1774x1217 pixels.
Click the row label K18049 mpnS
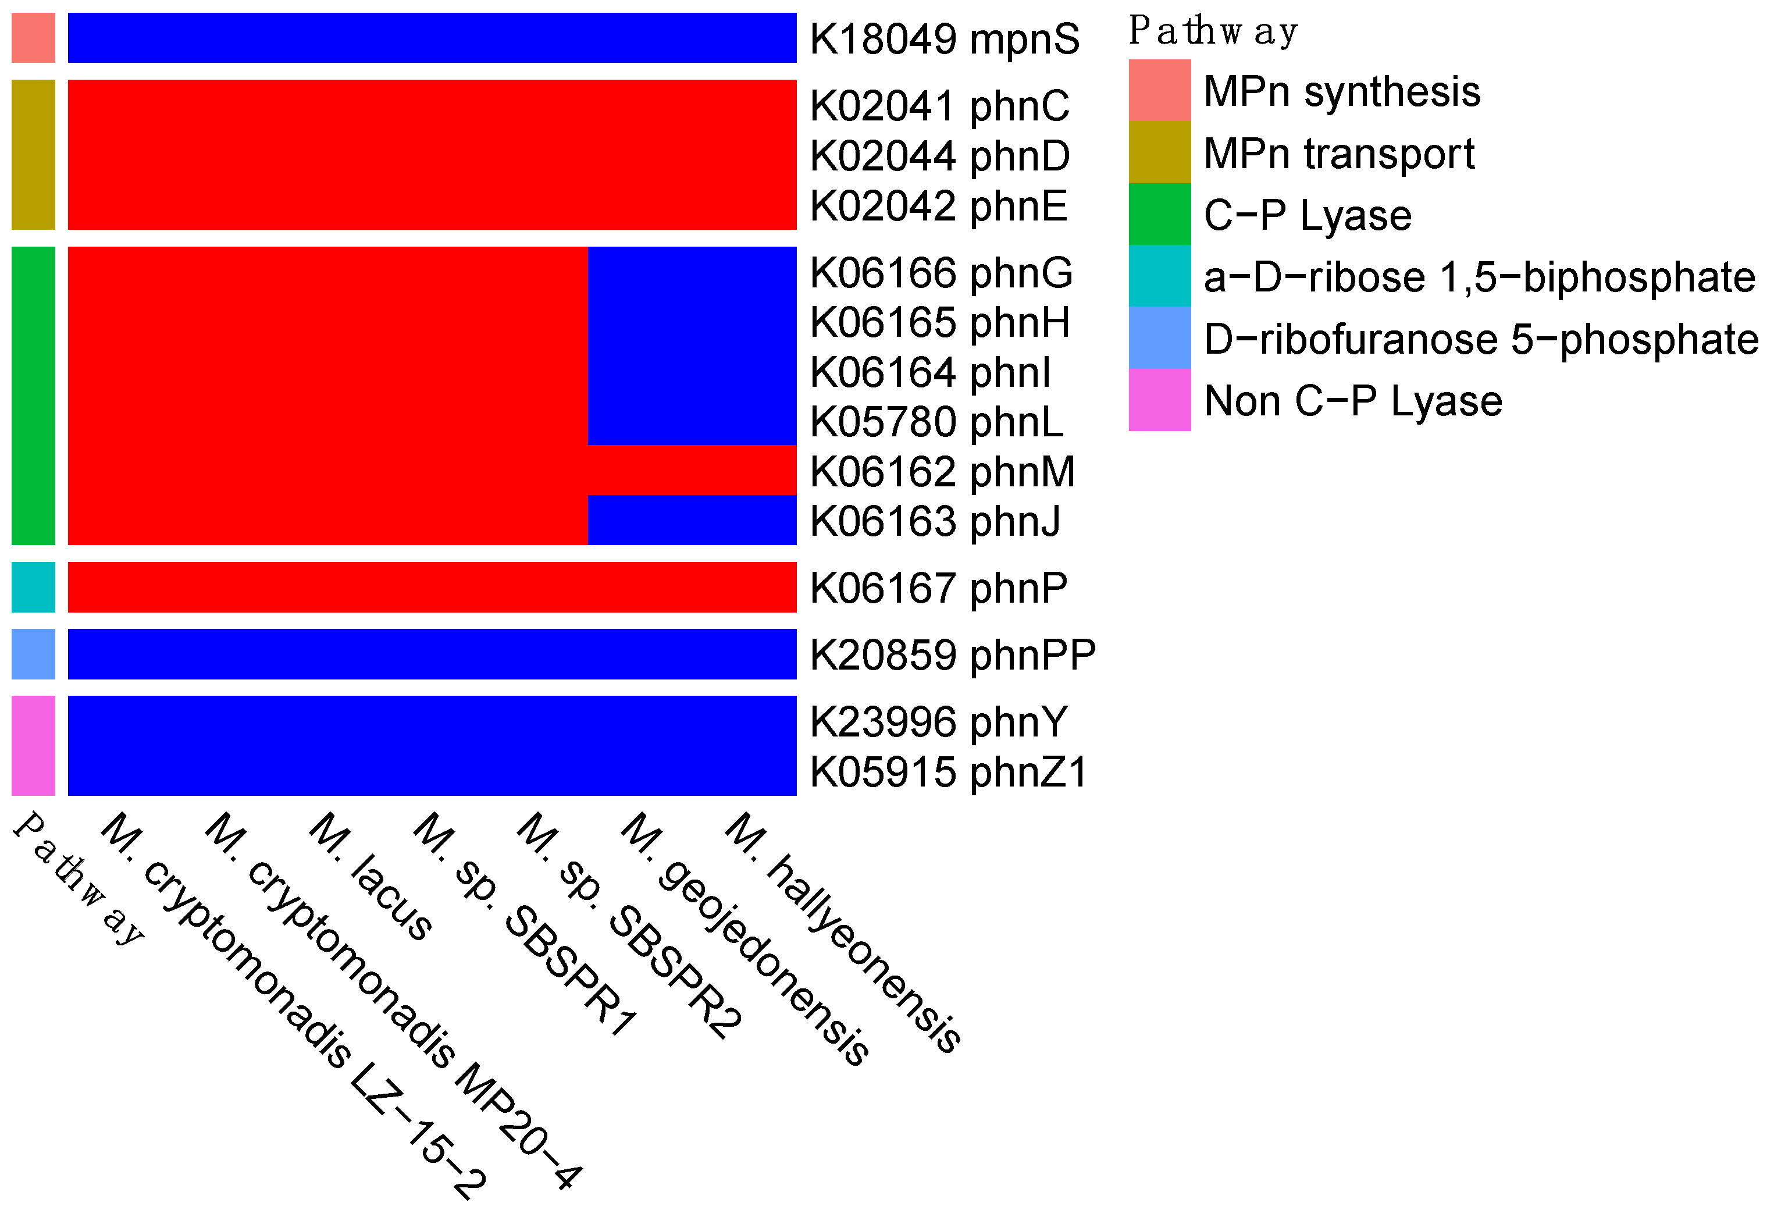tap(944, 39)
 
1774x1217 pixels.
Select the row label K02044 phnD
tap(940, 156)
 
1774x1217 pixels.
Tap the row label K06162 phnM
tap(942, 472)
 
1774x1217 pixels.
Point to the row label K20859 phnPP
tap(953, 655)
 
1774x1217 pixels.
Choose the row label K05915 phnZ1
tap(948, 772)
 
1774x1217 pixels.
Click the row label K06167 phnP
tap(938, 589)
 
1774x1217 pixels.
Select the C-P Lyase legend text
tap(1307, 215)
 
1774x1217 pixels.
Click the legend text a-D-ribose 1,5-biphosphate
tap(1479, 277)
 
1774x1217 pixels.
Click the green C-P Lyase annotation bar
tap(33, 396)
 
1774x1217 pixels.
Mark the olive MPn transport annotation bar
tap(33, 154)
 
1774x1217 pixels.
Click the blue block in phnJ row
tap(692, 520)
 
